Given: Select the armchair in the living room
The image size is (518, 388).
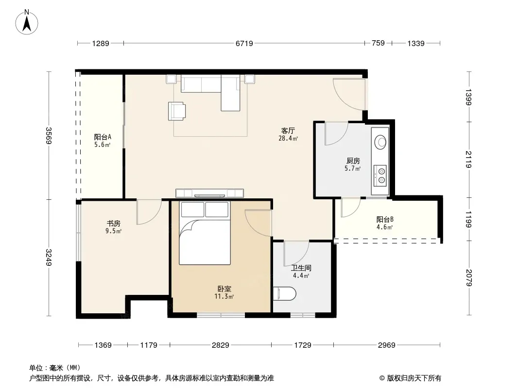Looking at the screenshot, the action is pos(177,111).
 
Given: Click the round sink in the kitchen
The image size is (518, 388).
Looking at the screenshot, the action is pos(380,142).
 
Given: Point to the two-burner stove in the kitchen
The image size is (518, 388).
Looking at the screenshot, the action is pos(380,176).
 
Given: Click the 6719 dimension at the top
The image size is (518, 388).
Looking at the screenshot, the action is pos(244,43).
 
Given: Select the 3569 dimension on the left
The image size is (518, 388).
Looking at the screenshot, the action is pos(49,135).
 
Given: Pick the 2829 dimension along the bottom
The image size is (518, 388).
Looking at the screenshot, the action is pos(220,345).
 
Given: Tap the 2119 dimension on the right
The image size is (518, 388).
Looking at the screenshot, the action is pos(469,159).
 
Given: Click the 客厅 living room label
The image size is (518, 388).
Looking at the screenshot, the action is pos(288,131).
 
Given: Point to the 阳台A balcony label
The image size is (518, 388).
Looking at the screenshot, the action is pos(103,137).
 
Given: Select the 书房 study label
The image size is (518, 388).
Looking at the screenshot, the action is pos(113,223).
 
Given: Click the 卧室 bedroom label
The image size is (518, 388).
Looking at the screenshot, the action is pos(224,289).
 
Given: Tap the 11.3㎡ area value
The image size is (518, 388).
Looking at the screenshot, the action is pos(224,297).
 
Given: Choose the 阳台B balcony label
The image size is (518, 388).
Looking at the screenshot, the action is pos(385,220).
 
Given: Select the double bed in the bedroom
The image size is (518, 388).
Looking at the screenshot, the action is pos(205,233).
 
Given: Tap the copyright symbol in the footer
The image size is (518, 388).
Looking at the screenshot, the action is pos(382,378).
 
